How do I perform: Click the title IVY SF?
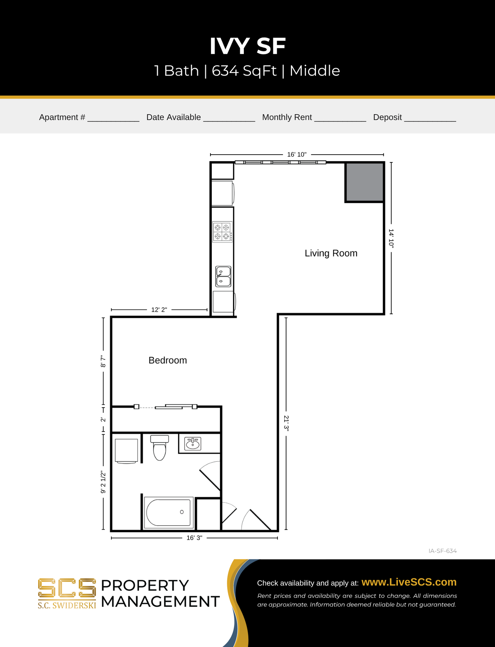[x=247, y=46]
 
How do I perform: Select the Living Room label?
[x=331, y=253]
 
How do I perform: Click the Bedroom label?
[x=168, y=360]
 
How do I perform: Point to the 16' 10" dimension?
[x=297, y=155]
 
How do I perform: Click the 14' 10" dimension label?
[x=391, y=238]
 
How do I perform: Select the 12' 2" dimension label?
[x=159, y=310]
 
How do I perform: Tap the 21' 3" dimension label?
[x=286, y=423]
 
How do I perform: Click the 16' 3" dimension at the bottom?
[x=194, y=538]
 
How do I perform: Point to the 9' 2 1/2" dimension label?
[x=103, y=482]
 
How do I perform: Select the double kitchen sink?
[x=223, y=276]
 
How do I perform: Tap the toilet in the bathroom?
[x=159, y=448]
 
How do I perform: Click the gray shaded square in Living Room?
[x=364, y=182]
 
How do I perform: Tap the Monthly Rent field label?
[x=287, y=117]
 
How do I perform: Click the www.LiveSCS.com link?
[x=409, y=582]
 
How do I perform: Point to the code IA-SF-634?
[x=442, y=551]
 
